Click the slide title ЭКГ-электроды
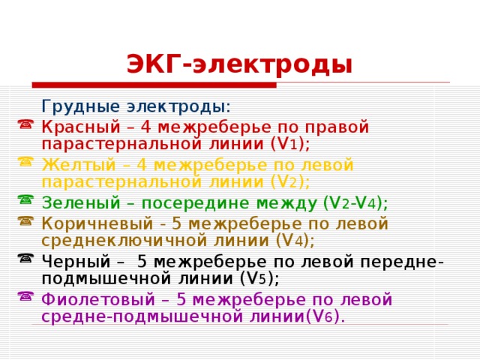coord(238,64)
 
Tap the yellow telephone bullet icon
coord(25,161)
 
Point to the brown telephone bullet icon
coord(25,221)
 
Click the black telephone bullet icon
coord(25,259)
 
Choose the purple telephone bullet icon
coord(25,296)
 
